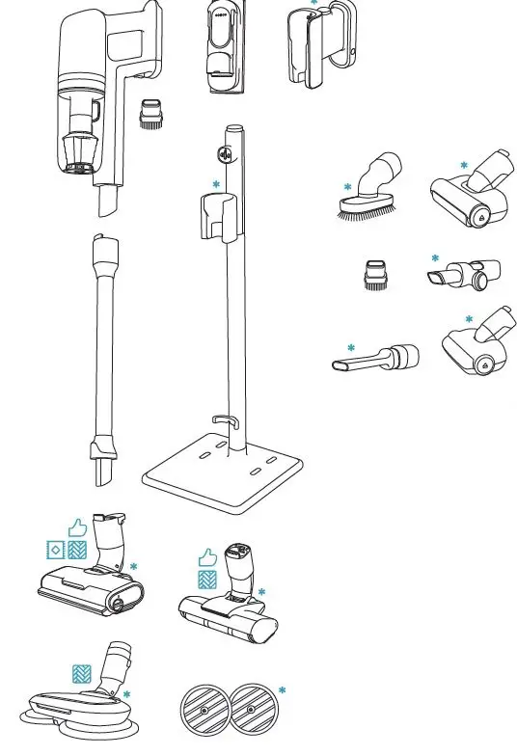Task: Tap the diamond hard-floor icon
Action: click(56, 551)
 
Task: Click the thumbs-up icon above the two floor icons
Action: click(77, 527)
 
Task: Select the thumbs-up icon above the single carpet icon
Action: click(206, 557)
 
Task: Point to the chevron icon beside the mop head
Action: click(81, 672)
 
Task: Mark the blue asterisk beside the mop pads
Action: click(282, 690)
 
